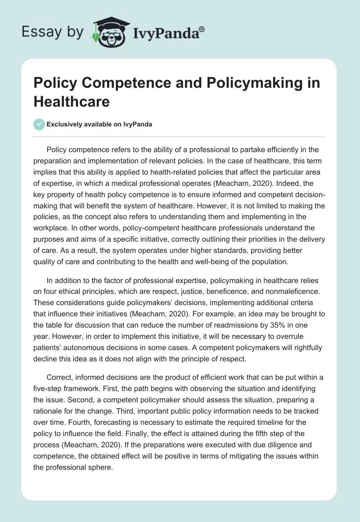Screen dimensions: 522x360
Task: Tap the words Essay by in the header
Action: [x=52, y=32]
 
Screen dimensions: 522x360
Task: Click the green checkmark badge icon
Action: [x=39, y=124]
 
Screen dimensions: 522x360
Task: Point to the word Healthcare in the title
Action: [x=71, y=101]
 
